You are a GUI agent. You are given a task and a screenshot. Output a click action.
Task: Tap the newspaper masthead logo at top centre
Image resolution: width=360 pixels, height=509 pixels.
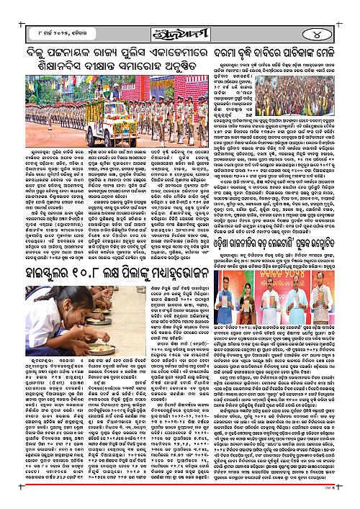coord(180,30)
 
